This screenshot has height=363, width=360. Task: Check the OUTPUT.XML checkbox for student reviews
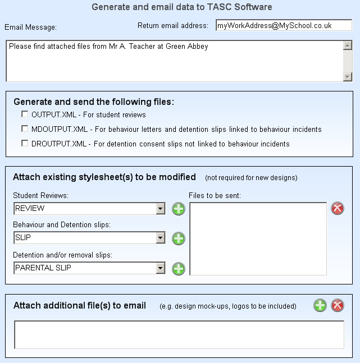[25, 114]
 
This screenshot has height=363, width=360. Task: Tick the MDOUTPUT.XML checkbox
[25, 129]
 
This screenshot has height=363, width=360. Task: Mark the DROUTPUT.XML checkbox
[25, 144]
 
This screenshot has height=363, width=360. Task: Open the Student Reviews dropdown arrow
[161, 209]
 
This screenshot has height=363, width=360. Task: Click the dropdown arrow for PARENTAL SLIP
[161, 268]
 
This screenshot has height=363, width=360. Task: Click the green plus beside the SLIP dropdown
[178, 238]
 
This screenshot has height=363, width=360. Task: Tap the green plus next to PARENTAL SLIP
[178, 268]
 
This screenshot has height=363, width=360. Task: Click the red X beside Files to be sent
[338, 209]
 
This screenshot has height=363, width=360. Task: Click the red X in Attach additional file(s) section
[338, 306]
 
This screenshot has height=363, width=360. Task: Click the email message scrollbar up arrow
[347, 45]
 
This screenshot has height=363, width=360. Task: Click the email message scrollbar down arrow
[347, 77]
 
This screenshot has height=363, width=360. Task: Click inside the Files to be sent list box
[258, 238]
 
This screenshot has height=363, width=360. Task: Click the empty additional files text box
[179, 335]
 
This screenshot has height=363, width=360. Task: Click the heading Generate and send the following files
[94, 102]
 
